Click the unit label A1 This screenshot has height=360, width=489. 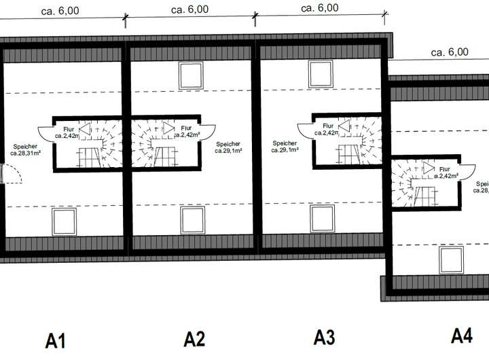[56, 340]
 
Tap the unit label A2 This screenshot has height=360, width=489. [194, 338]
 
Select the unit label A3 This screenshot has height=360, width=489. [325, 336]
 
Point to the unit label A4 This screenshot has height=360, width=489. [462, 335]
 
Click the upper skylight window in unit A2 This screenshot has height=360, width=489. [190, 75]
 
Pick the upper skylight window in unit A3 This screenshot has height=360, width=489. [321, 73]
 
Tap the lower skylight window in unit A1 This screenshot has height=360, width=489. [65, 221]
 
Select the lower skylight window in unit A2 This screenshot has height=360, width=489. [193, 219]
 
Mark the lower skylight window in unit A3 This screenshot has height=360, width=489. [323, 217]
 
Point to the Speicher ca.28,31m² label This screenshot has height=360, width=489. [25, 149]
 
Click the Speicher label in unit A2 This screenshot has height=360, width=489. [228, 147]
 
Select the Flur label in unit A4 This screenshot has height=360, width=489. [445, 173]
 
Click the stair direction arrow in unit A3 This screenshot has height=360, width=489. [343, 125]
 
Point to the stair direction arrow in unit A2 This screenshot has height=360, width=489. [167, 128]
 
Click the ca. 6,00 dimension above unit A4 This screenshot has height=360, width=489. [449, 52]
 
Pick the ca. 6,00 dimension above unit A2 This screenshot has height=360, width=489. [189, 10]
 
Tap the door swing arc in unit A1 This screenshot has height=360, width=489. [14, 175]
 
